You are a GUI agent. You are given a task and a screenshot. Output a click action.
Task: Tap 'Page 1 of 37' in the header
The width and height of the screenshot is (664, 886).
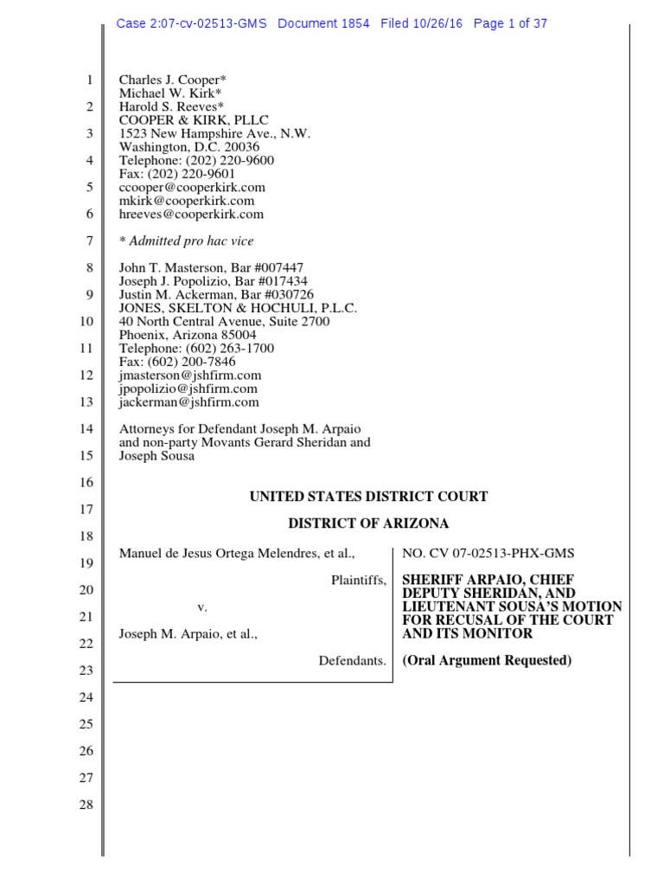coord(510,23)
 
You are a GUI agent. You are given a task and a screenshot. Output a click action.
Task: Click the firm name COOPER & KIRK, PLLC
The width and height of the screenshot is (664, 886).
coord(194,120)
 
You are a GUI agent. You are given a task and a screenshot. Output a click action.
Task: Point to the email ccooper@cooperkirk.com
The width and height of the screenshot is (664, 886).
coord(192,187)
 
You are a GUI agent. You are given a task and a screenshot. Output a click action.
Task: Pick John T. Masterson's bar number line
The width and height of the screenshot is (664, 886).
coord(211,268)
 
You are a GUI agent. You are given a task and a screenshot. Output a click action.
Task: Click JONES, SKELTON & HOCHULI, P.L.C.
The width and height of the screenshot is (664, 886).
coord(238,308)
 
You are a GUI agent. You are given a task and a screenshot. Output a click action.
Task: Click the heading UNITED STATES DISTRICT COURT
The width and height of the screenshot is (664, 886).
coord(368,497)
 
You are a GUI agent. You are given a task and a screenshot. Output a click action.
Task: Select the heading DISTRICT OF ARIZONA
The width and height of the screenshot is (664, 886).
coord(368,524)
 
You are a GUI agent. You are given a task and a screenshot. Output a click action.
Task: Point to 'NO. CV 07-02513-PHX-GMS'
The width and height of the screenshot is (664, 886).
coord(488,553)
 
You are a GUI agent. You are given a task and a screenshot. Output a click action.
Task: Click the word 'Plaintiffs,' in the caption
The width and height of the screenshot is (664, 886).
coord(358,580)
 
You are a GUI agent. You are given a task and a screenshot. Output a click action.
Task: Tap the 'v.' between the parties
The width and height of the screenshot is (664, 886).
coord(202,607)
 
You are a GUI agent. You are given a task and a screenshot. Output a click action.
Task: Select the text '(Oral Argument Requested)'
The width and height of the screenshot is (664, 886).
coord(487,661)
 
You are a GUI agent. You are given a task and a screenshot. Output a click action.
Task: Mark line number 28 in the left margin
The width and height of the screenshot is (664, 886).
coord(86,805)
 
